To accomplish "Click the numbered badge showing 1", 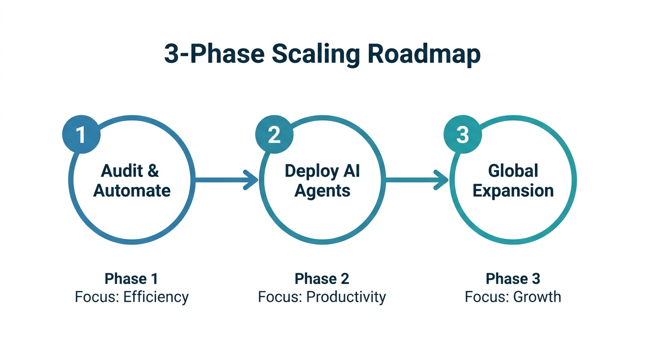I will pos(81,135).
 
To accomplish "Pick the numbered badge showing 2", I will pos(274,135).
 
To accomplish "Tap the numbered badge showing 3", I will pos(462,135).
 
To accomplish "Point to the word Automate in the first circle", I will pos(132,191).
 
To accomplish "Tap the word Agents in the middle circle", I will pos(322,191).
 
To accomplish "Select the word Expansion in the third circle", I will pos(513,191).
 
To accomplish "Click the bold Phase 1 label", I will pos(131,278).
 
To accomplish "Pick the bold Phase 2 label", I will pos(322,278).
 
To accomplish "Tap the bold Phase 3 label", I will pos(513,278).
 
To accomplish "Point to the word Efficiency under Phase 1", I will pos(156,297).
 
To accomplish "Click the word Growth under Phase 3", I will pos(537,297).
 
